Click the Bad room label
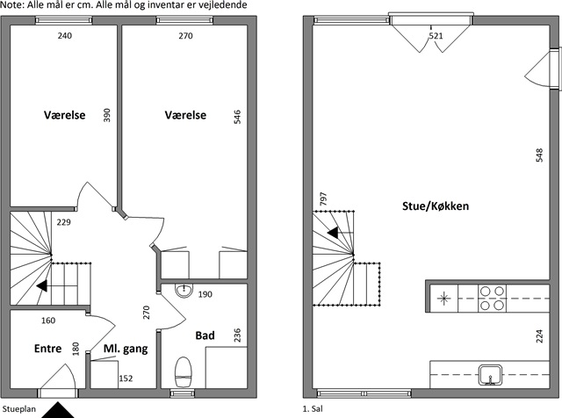click(x=205, y=335)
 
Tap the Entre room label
click(x=47, y=349)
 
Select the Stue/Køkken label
click(x=436, y=206)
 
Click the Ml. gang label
click(x=126, y=349)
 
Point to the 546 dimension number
click(x=237, y=117)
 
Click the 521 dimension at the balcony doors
click(x=436, y=36)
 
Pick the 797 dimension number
click(x=323, y=198)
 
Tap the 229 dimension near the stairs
click(x=64, y=222)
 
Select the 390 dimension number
click(x=107, y=115)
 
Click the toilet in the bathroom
click(x=184, y=372)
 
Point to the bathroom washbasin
click(x=184, y=291)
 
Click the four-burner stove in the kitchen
click(x=492, y=299)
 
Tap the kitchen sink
click(x=491, y=375)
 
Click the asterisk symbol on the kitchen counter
click(x=443, y=299)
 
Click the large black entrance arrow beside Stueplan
click(x=58, y=410)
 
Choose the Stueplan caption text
click(x=19, y=409)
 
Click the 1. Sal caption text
click(x=313, y=408)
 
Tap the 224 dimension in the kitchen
click(x=539, y=336)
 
